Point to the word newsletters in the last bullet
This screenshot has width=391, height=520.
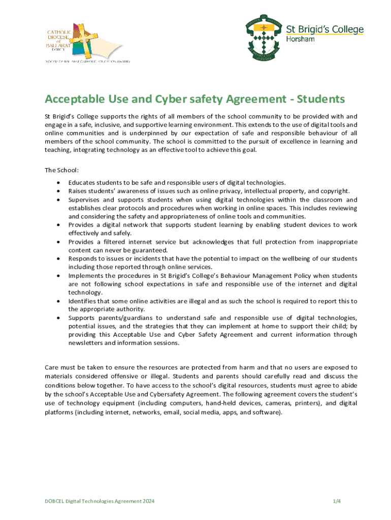click(x=86, y=343)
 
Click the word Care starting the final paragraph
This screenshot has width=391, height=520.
click(x=52, y=367)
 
